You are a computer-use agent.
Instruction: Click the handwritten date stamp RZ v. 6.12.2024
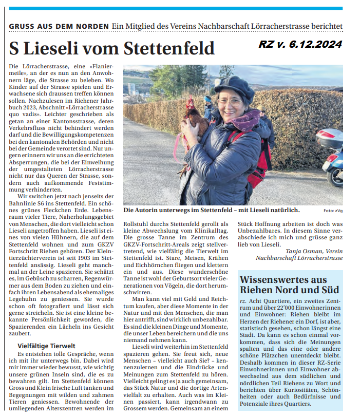pos(300,45)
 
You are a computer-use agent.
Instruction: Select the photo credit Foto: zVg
pos(333,211)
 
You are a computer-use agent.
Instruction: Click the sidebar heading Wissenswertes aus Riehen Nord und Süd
pos(290,285)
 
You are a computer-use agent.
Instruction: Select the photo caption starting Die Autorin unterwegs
pos(211,211)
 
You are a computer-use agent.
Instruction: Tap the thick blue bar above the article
pos(180,8)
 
